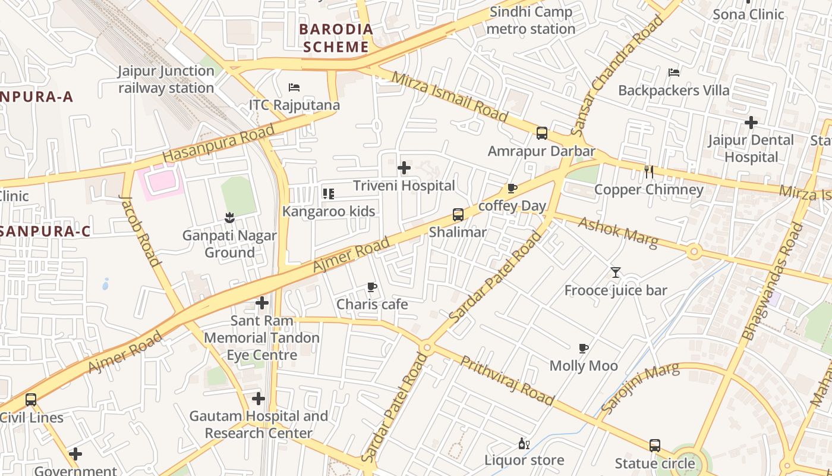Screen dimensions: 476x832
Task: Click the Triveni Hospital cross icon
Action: tap(404, 168)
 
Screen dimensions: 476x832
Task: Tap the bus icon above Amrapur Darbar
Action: tap(541, 133)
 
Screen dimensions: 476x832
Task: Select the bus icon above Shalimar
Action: tap(458, 215)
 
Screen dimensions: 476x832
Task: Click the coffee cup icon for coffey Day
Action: tap(512, 189)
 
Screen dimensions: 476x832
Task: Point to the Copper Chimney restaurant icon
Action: tap(649, 172)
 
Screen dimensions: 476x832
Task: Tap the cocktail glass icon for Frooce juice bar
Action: tap(616, 273)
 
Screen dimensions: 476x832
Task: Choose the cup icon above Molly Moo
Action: tap(584, 348)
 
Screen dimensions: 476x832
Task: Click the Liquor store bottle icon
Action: tap(524, 443)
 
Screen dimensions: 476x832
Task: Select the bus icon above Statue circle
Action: tap(654, 446)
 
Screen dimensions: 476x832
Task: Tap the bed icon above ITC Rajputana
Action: tap(294, 87)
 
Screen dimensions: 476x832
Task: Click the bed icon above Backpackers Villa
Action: tap(674, 73)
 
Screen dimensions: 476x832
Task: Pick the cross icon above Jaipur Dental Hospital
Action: tap(751, 123)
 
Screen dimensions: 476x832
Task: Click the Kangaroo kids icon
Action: tap(328, 193)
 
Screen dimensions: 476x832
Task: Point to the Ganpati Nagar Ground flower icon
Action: tap(229, 218)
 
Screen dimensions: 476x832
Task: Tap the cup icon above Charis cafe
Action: tap(372, 287)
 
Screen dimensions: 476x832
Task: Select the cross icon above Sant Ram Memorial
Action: tap(262, 303)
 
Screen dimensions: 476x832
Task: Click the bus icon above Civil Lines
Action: tap(31, 400)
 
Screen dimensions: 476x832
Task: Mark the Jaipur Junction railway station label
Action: tap(166, 79)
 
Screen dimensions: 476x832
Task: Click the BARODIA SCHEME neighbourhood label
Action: tap(336, 38)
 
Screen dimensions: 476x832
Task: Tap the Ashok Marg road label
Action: tap(618, 232)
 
